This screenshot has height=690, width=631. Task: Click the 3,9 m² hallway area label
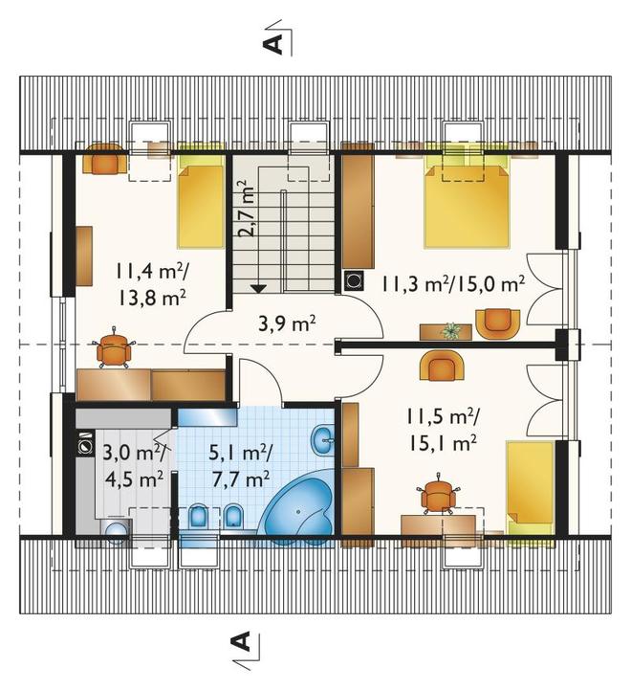click(287, 324)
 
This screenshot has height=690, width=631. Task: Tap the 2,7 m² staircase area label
click(247, 208)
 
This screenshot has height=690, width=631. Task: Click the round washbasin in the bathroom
click(323, 439)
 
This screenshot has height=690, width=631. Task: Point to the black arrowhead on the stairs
click(258, 289)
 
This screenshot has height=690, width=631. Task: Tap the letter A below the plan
click(241, 642)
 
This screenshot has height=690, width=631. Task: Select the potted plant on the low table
click(450, 330)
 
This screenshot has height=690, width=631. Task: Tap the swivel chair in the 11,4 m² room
click(114, 348)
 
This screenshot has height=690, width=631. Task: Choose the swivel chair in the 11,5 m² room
click(439, 494)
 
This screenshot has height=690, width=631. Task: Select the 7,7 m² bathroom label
click(241, 479)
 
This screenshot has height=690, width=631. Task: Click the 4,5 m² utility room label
click(135, 479)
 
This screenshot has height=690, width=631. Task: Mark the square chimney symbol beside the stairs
click(354, 279)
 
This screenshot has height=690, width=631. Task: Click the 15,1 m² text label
click(444, 443)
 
